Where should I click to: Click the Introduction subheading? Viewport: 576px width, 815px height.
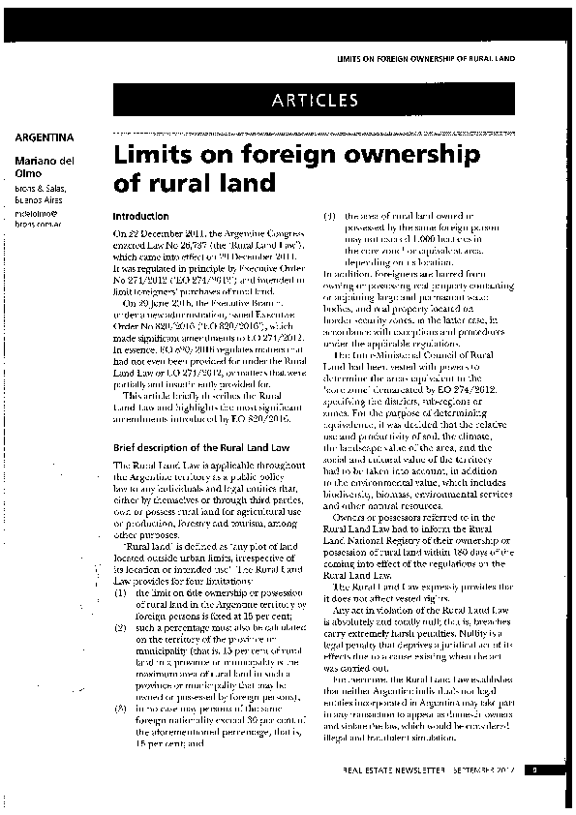pyautogui.click(x=141, y=216)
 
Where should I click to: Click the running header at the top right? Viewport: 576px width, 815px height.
pyautogui.click(x=424, y=58)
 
